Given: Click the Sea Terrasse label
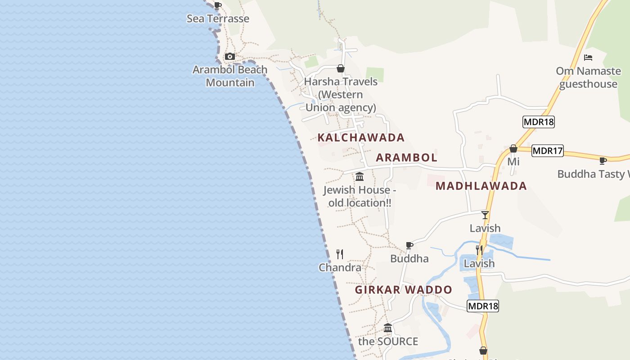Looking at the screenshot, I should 218,19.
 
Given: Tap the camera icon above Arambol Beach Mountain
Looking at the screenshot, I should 230,57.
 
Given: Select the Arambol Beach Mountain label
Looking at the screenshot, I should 230,76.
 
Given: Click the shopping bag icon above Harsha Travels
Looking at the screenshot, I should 341,68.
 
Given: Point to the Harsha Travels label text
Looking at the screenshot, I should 341,94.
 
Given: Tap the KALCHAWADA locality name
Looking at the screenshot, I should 361,137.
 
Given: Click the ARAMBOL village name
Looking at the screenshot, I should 406,157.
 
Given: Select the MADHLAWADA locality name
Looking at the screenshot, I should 481,186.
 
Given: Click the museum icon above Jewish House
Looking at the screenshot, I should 360,177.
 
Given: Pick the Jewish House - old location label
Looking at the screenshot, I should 360,196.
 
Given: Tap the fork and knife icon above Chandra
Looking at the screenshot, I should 340,254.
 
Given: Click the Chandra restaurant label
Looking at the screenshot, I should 340,268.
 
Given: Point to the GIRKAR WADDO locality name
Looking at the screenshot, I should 403,290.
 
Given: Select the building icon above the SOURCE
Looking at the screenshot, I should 388,328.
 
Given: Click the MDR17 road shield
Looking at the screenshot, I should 547,151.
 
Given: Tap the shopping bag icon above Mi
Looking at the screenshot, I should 513,148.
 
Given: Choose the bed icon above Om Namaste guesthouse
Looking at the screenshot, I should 588,58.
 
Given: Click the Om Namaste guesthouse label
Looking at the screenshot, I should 588,77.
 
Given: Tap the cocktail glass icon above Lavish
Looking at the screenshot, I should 485,215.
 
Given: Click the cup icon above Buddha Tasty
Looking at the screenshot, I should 603,161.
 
